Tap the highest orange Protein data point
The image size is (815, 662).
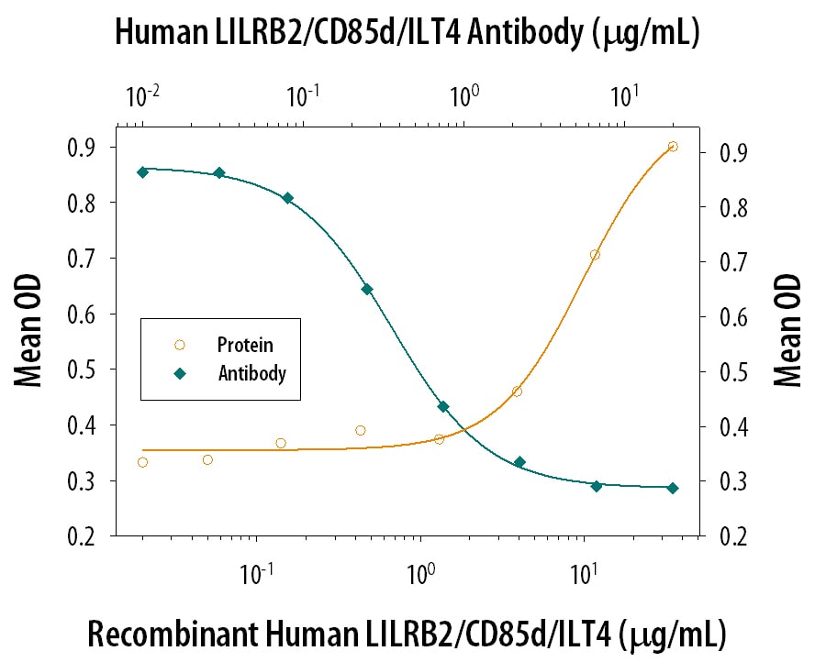(x=673, y=147)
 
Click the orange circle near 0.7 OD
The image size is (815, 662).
(x=595, y=255)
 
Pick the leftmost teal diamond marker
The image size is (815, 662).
(x=142, y=172)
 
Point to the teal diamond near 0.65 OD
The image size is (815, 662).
(x=367, y=289)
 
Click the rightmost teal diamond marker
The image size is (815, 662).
(x=673, y=488)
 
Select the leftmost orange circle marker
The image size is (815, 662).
(x=142, y=462)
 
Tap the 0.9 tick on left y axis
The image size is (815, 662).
(x=89, y=147)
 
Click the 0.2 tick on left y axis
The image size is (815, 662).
(x=89, y=536)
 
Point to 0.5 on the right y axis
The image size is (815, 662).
(x=725, y=371)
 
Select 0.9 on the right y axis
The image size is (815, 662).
(x=725, y=152)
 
